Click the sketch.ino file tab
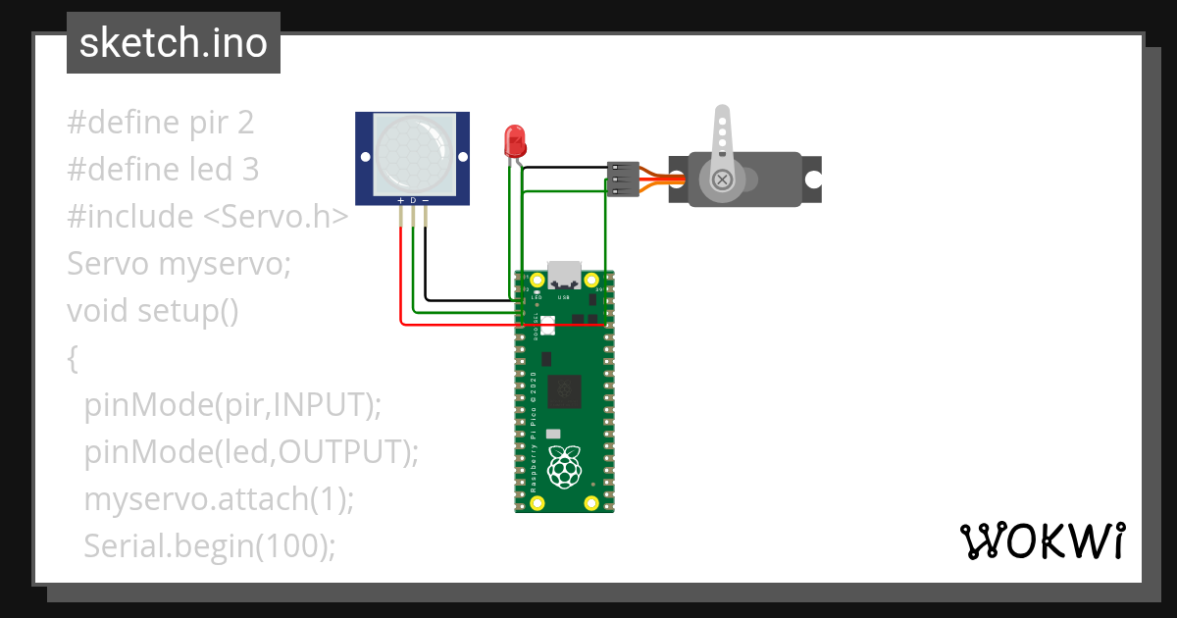point(173,43)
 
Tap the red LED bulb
point(514,142)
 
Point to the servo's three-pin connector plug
point(624,179)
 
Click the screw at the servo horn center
point(722,179)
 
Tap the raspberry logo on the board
point(564,468)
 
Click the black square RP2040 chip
point(565,391)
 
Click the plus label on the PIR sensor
point(400,200)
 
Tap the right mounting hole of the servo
point(813,179)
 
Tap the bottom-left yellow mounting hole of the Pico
point(537,503)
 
